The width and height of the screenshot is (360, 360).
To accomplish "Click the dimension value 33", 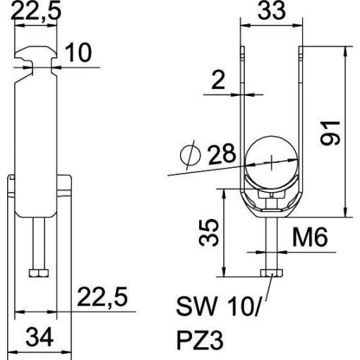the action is pos(272,11).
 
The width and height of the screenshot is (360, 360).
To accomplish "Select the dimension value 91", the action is pos(330,133).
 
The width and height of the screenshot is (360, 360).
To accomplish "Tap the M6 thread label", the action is pos(310,237).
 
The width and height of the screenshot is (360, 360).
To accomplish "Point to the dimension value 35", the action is pos(209,233).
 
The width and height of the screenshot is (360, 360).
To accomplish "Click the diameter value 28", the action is pos(222,154).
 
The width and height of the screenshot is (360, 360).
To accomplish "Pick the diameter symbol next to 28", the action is pos(191,155).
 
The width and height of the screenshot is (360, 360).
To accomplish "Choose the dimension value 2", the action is pos(218,80).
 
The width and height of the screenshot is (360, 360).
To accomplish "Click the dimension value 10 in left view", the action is pos(78,52).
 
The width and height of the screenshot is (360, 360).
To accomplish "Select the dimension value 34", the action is pos(40,337).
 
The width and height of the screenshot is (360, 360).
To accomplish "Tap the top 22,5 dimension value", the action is pos(36,11).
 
